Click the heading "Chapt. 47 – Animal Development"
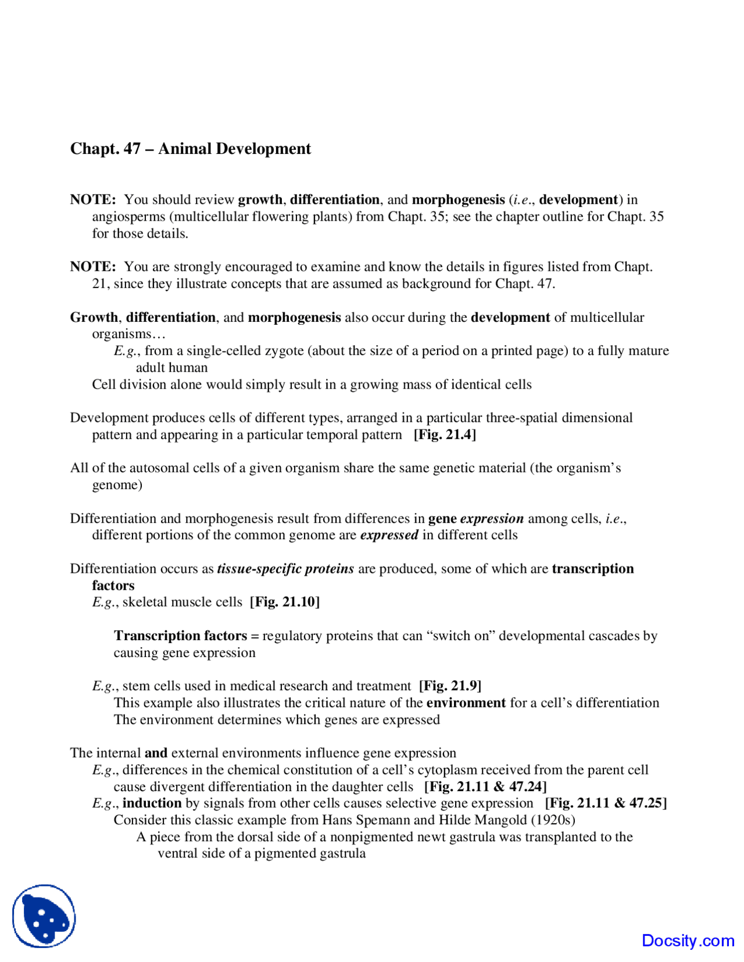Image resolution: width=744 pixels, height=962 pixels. pyautogui.click(x=190, y=149)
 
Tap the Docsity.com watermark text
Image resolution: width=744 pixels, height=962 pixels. pyautogui.click(x=688, y=941)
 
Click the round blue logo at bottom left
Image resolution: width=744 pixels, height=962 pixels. pyautogui.click(x=44, y=916)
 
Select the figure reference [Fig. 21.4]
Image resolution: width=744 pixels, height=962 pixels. pyautogui.click(x=445, y=435)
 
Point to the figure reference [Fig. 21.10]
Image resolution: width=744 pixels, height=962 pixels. pyautogui.click(x=285, y=602)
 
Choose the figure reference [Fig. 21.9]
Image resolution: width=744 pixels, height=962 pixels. pyautogui.click(x=450, y=685)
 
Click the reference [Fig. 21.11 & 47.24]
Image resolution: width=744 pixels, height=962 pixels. pyautogui.click(x=485, y=787)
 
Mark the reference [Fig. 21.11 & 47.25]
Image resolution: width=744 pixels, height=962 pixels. pyautogui.click(x=606, y=803)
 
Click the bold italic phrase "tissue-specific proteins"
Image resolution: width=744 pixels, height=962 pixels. pyautogui.click(x=285, y=568)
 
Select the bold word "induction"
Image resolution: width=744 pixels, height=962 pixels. pyautogui.click(x=152, y=803)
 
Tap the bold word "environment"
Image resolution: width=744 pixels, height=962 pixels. pyautogui.click(x=466, y=702)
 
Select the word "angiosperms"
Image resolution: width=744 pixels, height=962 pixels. pyautogui.click(x=129, y=216)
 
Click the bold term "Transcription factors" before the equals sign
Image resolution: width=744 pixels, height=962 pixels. pyautogui.click(x=180, y=636)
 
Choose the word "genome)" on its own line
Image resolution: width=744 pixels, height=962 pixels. pyautogui.click(x=117, y=484)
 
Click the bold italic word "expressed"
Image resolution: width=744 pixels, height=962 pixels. pyautogui.click(x=389, y=534)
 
